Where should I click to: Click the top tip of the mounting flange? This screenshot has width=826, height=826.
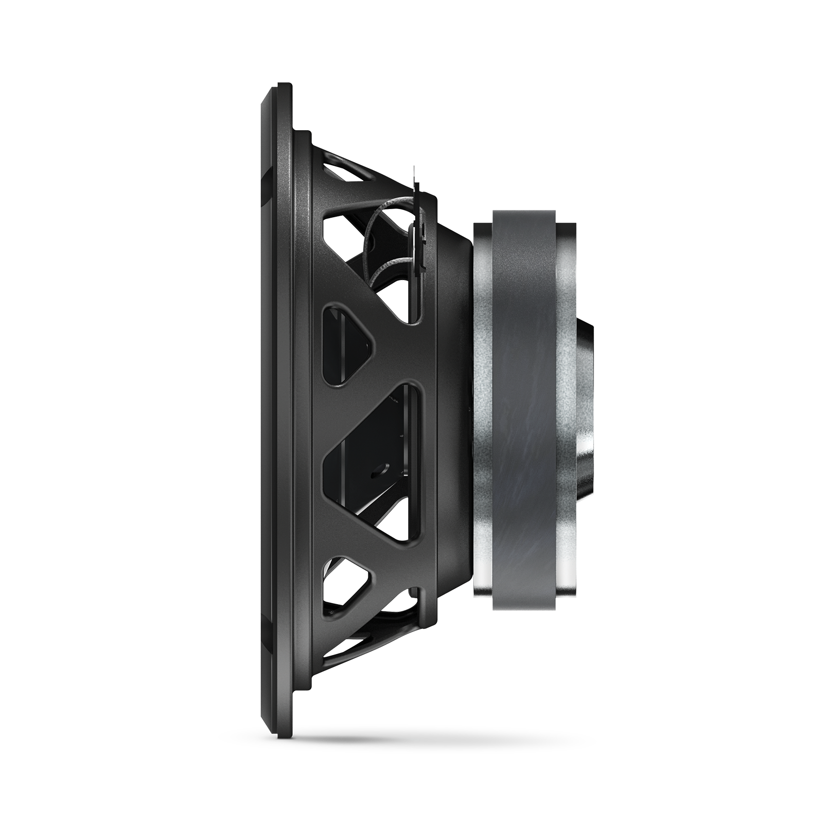coord(282,87)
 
